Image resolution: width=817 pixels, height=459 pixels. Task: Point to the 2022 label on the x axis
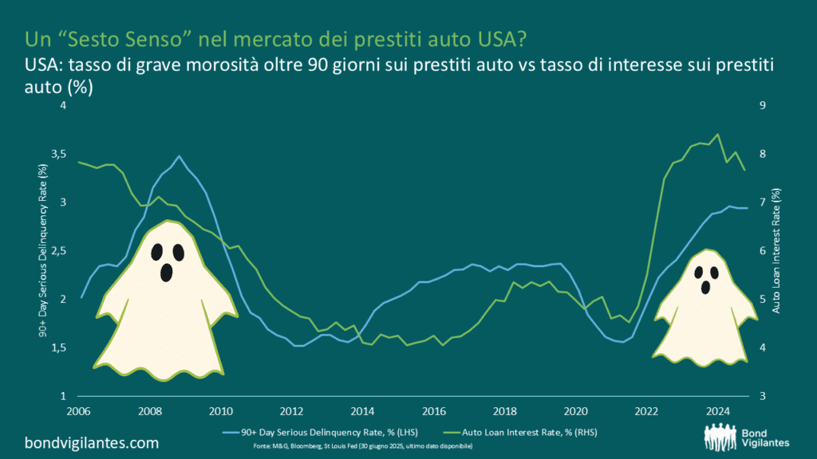[x=647, y=411]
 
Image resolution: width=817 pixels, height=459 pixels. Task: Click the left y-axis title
[x=42, y=251]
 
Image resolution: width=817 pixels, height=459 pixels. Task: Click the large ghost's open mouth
[x=166, y=273]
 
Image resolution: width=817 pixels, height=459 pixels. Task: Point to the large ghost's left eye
[x=157, y=252]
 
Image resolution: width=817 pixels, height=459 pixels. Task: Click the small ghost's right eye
[x=714, y=272]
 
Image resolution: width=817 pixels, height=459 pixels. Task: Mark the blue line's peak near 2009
[x=179, y=156]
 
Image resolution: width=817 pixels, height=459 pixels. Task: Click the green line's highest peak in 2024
[x=717, y=134]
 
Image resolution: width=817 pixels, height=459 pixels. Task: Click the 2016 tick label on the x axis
[x=433, y=411]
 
